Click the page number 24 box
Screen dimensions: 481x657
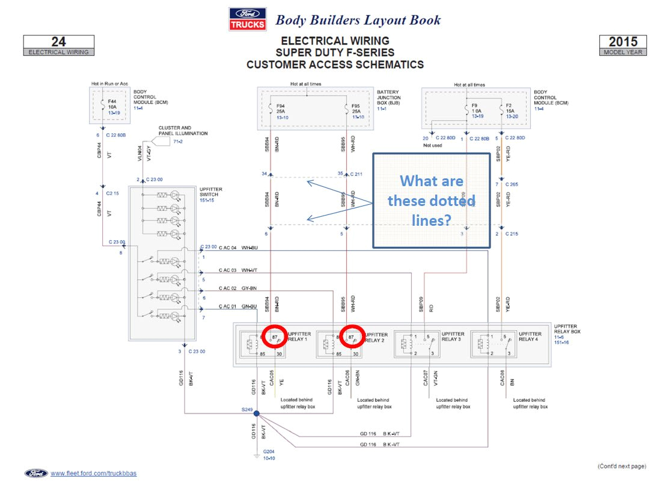tap(59, 45)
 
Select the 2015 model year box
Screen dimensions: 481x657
tap(623, 45)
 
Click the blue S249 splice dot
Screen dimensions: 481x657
tap(257, 414)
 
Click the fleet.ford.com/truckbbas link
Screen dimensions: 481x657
tap(93, 473)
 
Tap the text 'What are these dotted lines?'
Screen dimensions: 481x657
tap(432, 200)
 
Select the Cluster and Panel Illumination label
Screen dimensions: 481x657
tap(183, 130)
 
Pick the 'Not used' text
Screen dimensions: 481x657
tap(433, 146)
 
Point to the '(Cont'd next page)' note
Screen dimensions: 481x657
tap(622, 466)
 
